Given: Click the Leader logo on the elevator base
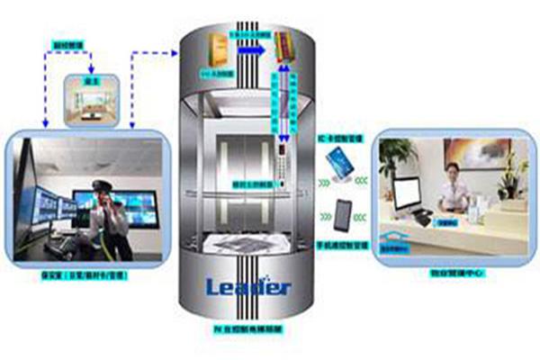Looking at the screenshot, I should pyautogui.click(x=248, y=287).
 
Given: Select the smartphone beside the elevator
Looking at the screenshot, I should pyautogui.click(x=343, y=213).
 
